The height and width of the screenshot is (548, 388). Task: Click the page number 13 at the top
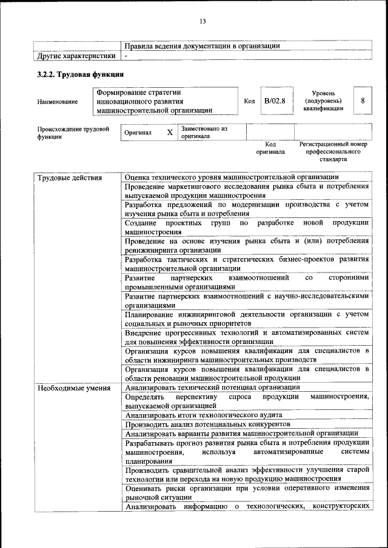pyautogui.click(x=202, y=22)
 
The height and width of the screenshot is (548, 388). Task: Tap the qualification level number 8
pyautogui.click(x=363, y=101)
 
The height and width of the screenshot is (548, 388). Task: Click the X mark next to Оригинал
pyautogui.click(x=170, y=132)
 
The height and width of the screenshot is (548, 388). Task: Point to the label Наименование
pyautogui.click(x=58, y=101)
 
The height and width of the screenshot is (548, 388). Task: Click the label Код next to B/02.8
pyautogui.click(x=249, y=101)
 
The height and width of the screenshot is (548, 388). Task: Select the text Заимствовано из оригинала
pyautogui.click(x=203, y=133)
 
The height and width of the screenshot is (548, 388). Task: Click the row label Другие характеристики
pyautogui.click(x=76, y=56)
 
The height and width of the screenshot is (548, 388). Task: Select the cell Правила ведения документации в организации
pyautogui.click(x=202, y=46)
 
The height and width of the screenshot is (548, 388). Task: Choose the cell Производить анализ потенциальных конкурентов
pyautogui.click(x=206, y=424)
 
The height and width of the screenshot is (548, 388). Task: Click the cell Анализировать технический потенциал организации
pyautogui.click(x=212, y=388)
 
